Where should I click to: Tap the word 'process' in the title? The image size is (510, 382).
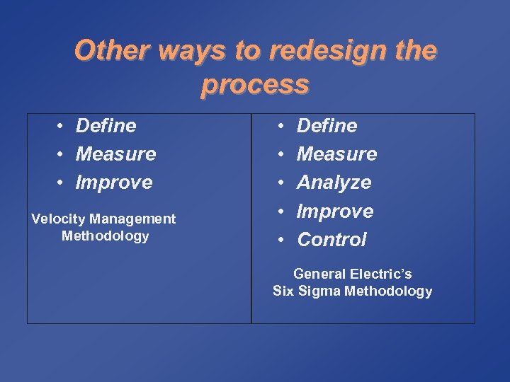(x=255, y=84)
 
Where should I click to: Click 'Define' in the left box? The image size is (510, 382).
(x=106, y=126)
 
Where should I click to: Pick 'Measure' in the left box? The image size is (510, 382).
(x=115, y=154)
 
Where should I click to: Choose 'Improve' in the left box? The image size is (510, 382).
(x=114, y=183)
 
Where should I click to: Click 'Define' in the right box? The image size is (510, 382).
(x=327, y=126)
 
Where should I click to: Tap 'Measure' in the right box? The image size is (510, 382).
(x=336, y=154)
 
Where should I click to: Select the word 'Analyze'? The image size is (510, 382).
(x=334, y=183)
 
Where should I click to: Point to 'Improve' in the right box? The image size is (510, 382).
(x=335, y=211)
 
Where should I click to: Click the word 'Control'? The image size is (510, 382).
(x=331, y=240)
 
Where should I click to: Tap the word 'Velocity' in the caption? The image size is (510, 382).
(x=56, y=219)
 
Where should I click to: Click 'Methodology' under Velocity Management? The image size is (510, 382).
(x=105, y=236)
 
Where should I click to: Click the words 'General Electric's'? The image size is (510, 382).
(x=352, y=274)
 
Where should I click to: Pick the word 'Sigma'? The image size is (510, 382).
(x=319, y=291)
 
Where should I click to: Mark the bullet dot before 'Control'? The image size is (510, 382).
(x=281, y=240)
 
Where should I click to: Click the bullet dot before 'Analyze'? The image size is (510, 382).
(x=281, y=183)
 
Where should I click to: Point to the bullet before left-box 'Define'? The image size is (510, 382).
(x=62, y=126)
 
